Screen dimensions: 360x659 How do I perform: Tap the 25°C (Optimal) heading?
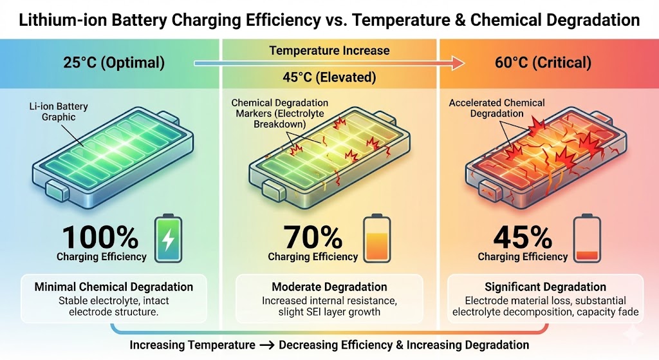pos(113,63)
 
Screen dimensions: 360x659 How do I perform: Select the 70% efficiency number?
pos(313,238)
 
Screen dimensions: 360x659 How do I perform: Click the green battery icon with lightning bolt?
pos(168,240)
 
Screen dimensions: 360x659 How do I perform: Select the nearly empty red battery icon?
pos(586,240)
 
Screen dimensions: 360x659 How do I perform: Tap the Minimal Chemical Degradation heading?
pos(113,287)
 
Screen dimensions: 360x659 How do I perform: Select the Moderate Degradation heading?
pos(329,287)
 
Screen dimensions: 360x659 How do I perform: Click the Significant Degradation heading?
pos(545,287)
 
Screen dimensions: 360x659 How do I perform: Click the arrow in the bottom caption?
pos(266,345)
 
